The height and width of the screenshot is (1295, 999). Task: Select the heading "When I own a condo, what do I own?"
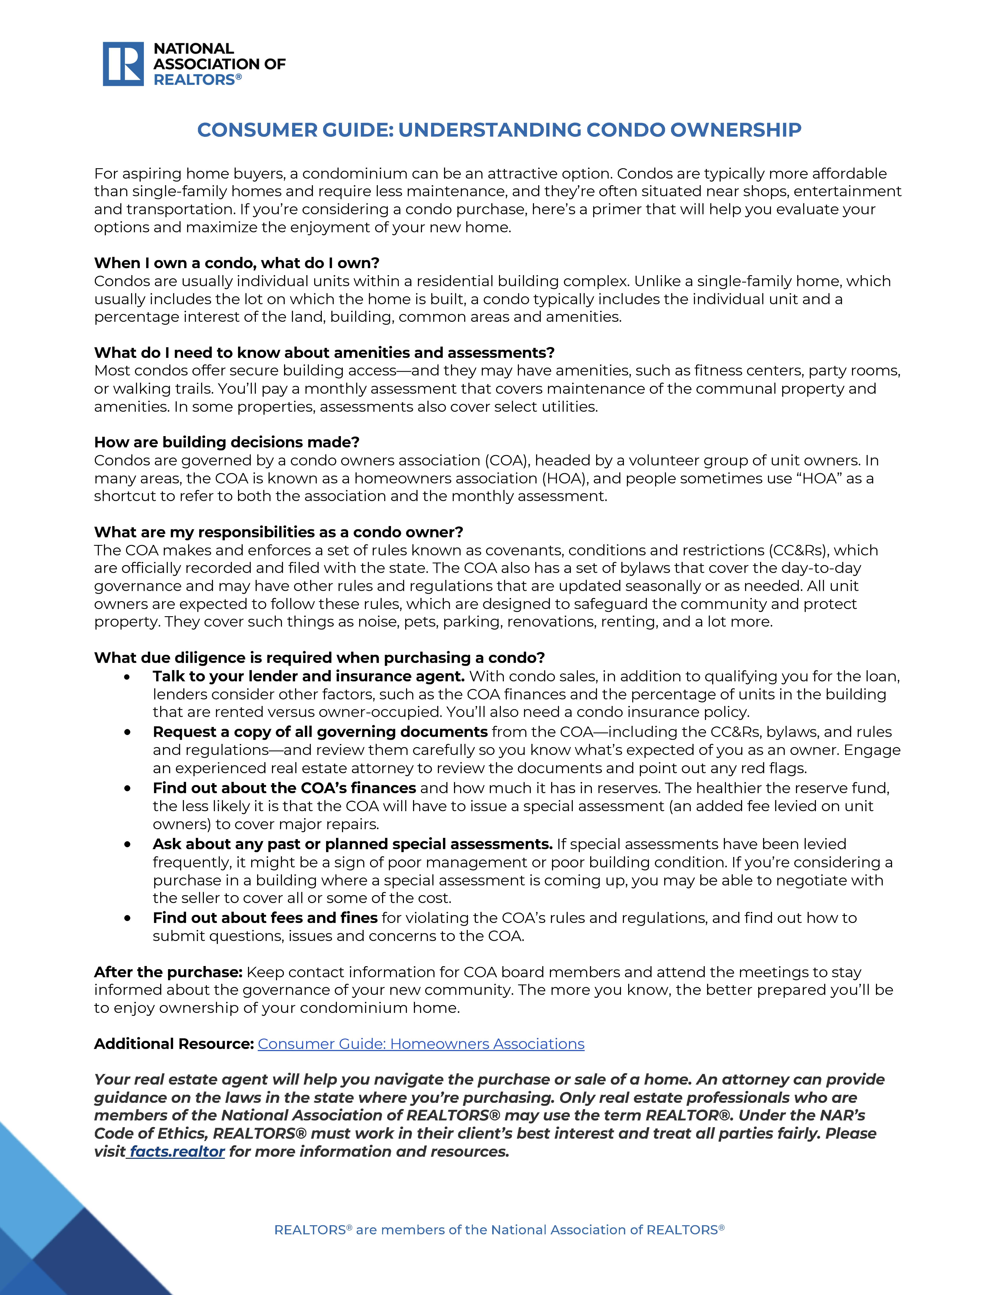coord(237,263)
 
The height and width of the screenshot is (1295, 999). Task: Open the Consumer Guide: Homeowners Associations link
coord(421,1044)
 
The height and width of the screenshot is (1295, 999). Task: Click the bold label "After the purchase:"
coord(168,972)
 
